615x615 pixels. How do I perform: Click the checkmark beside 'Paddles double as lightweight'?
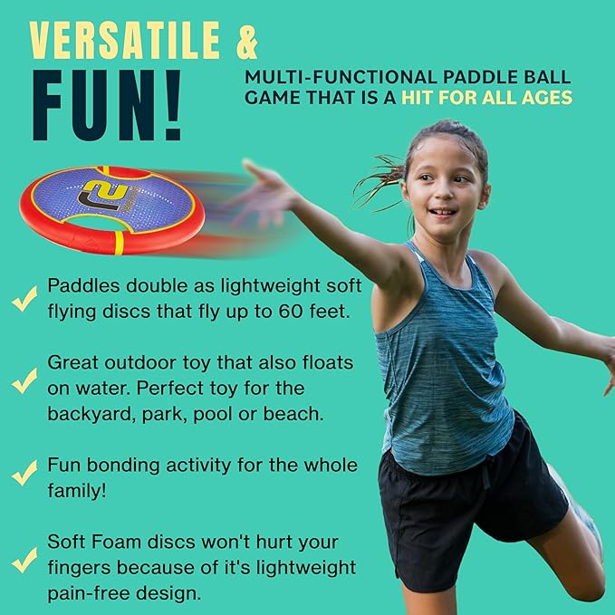click(x=24, y=299)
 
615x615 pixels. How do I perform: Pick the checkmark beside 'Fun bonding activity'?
click(x=24, y=474)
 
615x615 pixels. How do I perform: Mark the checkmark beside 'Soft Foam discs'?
click(x=24, y=559)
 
